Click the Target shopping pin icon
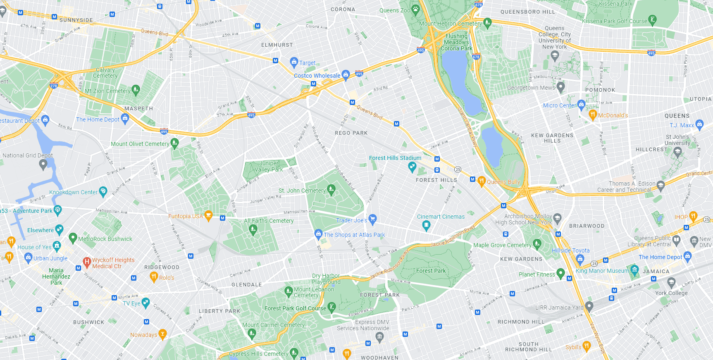click(294, 62)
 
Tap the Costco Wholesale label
click(317, 76)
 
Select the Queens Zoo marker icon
click(416, 10)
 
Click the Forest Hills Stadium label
click(395, 158)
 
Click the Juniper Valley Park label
click(269, 166)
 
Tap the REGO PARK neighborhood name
click(351, 133)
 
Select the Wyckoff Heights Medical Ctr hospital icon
click(87, 261)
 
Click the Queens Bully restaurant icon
click(482, 181)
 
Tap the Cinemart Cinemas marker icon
click(427, 225)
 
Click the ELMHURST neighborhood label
click(277, 45)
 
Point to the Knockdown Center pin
click(103, 191)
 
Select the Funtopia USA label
click(185, 216)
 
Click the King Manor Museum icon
click(634, 270)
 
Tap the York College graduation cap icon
click(671, 282)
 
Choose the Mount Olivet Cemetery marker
click(174, 143)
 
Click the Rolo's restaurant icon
click(154, 277)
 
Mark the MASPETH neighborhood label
click(138, 109)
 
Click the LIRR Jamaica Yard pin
click(589, 306)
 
